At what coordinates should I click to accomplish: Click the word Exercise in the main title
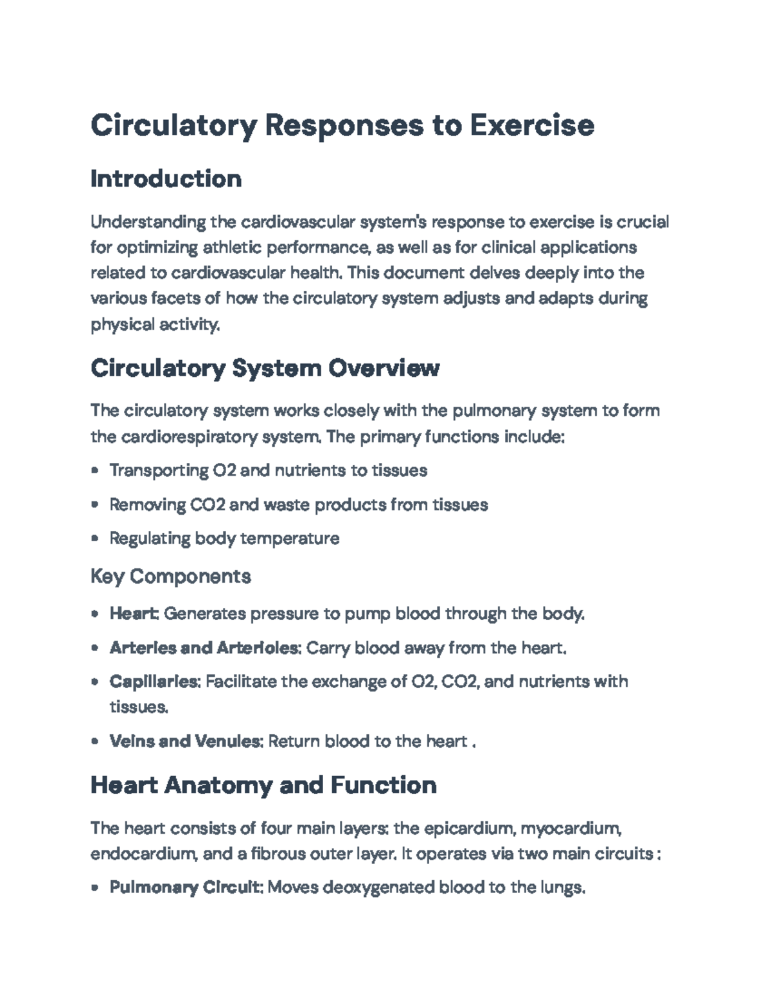coord(531,125)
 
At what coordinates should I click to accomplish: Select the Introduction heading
coord(166,178)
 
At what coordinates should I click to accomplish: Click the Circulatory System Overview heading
coord(265,368)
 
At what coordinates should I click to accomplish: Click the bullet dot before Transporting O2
coord(95,471)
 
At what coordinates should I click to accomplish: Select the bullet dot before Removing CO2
coord(95,505)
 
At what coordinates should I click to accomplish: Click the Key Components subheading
coord(170,576)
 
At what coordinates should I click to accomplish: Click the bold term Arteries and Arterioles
coord(204,648)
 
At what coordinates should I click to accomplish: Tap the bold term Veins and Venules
coord(186,741)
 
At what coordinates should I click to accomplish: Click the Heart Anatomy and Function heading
coord(263,785)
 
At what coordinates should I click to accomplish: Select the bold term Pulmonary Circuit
coord(186,888)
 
